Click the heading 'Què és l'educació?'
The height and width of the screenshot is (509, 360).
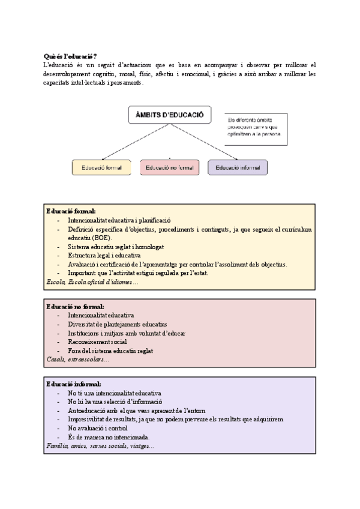(71, 56)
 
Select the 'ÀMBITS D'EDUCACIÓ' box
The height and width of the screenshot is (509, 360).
(170, 115)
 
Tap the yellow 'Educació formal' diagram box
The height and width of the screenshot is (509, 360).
(101, 167)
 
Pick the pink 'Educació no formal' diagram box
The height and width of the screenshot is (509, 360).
(169, 167)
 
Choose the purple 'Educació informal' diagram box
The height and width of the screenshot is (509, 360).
(238, 167)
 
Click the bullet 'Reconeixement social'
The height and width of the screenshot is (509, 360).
(97, 342)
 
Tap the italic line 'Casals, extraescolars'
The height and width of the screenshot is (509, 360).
(77, 359)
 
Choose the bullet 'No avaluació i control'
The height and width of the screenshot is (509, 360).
(99, 429)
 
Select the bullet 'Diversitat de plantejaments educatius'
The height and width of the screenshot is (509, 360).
(118, 324)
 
